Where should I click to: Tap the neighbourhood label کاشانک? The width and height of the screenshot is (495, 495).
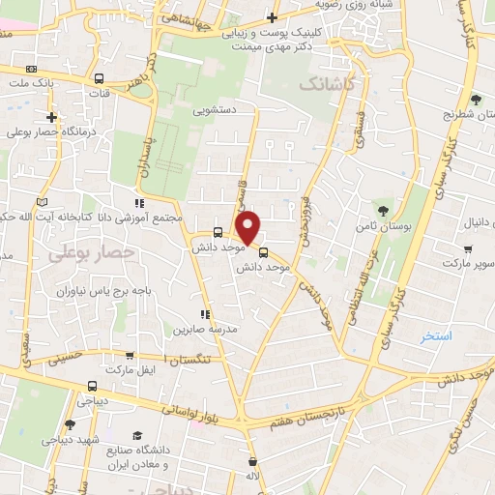coord(328,86)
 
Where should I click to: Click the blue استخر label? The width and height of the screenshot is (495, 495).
coord(437,337)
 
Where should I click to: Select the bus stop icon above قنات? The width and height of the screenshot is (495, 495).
coord(99,80)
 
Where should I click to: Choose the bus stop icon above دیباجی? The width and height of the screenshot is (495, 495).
coord(93,383)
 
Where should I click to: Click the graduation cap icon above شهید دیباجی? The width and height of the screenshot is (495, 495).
coord(57,423)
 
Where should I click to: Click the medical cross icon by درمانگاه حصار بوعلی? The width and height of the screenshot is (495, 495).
coord(50,117)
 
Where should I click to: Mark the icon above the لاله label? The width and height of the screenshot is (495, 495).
coord(252,461)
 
